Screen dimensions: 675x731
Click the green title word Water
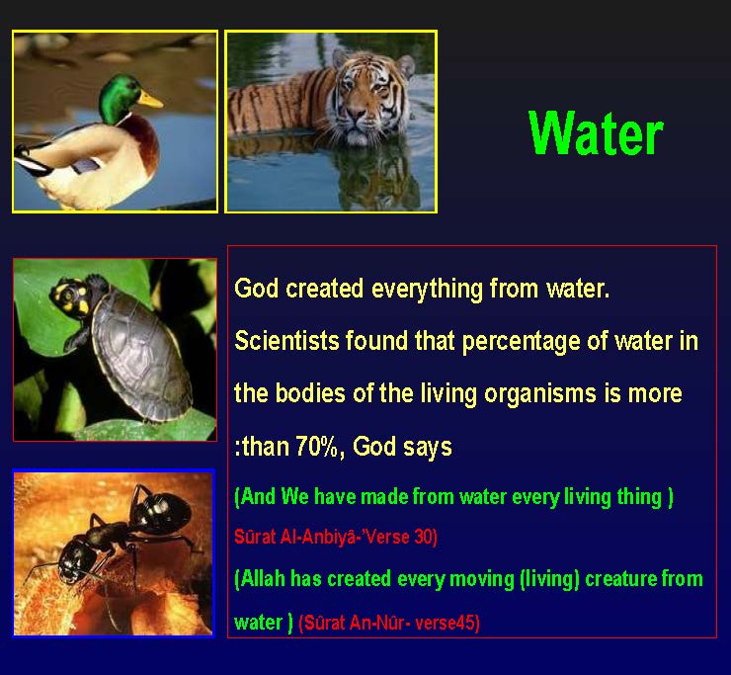click(596, 133)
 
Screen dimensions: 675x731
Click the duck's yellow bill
click(149, 99)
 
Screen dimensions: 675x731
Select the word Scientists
click(286, 342)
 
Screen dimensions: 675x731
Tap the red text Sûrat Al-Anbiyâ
click(300, 537)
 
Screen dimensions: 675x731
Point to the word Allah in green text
click(262, 578)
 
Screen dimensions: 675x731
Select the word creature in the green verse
click(619, 578)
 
